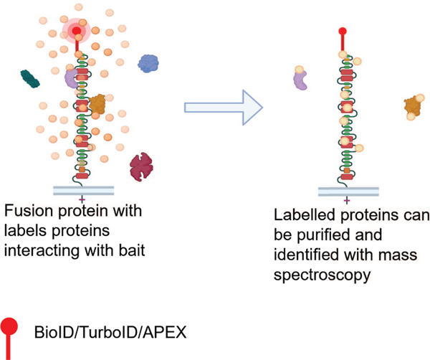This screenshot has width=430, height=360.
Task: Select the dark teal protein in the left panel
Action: click(x=31, y=80)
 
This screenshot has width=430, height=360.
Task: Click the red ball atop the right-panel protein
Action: click(x=347, y=31)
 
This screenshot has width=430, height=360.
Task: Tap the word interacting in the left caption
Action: click(x=36, y=246)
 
